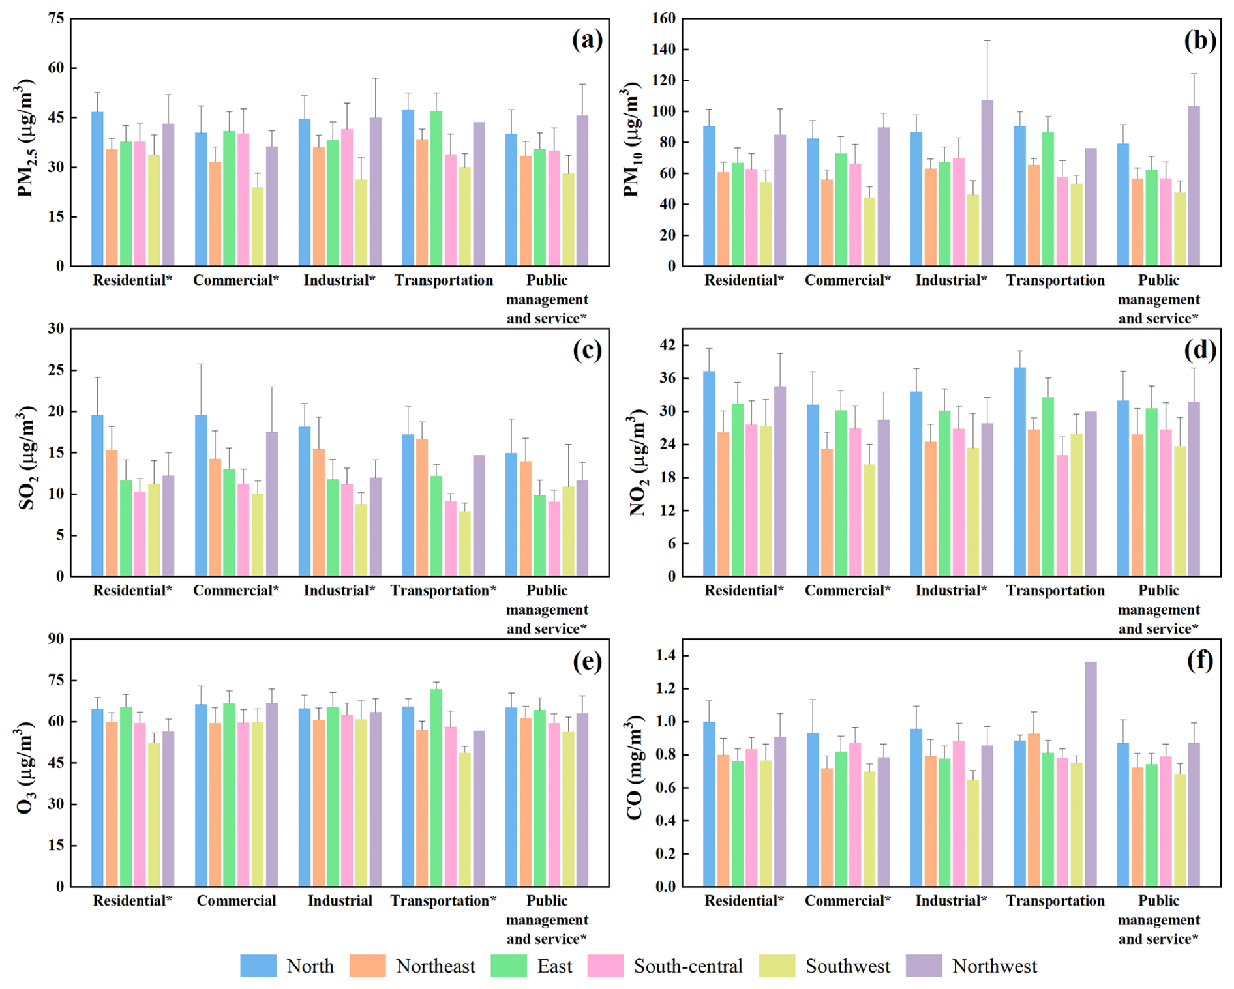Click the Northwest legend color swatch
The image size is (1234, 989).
pyautogui.click(x=924, y=966)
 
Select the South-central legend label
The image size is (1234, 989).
pyautogui.click(x=688, y=966)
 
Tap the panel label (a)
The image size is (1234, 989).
pyautogui.click(x=587, y=40)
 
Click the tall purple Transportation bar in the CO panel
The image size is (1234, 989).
pyautogui.click(x=1091, y=774)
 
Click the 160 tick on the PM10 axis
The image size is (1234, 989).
pyautogui.click(x=663, y=18)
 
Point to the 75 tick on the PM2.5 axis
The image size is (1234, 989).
pyautogui.click(x=57, y=18)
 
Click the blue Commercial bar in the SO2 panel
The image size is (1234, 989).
pyautogui.click(x=201, y=495)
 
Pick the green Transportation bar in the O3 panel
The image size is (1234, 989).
pyautogui.click(x=436, y=788)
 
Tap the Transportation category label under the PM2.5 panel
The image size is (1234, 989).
pyautogui.click(x=444, y=280)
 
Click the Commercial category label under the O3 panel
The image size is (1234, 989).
pyautogui.click(x=236, y=901)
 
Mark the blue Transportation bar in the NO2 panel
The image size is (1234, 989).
pyautogui.click(x=1019, y=472)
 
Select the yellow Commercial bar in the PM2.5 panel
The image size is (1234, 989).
pyautogui.click(x=258, y=226)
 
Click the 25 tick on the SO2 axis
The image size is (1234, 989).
pyautogui.click(x=57, y=370)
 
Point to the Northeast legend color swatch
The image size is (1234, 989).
pyautogui.click(x=367, y=966)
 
